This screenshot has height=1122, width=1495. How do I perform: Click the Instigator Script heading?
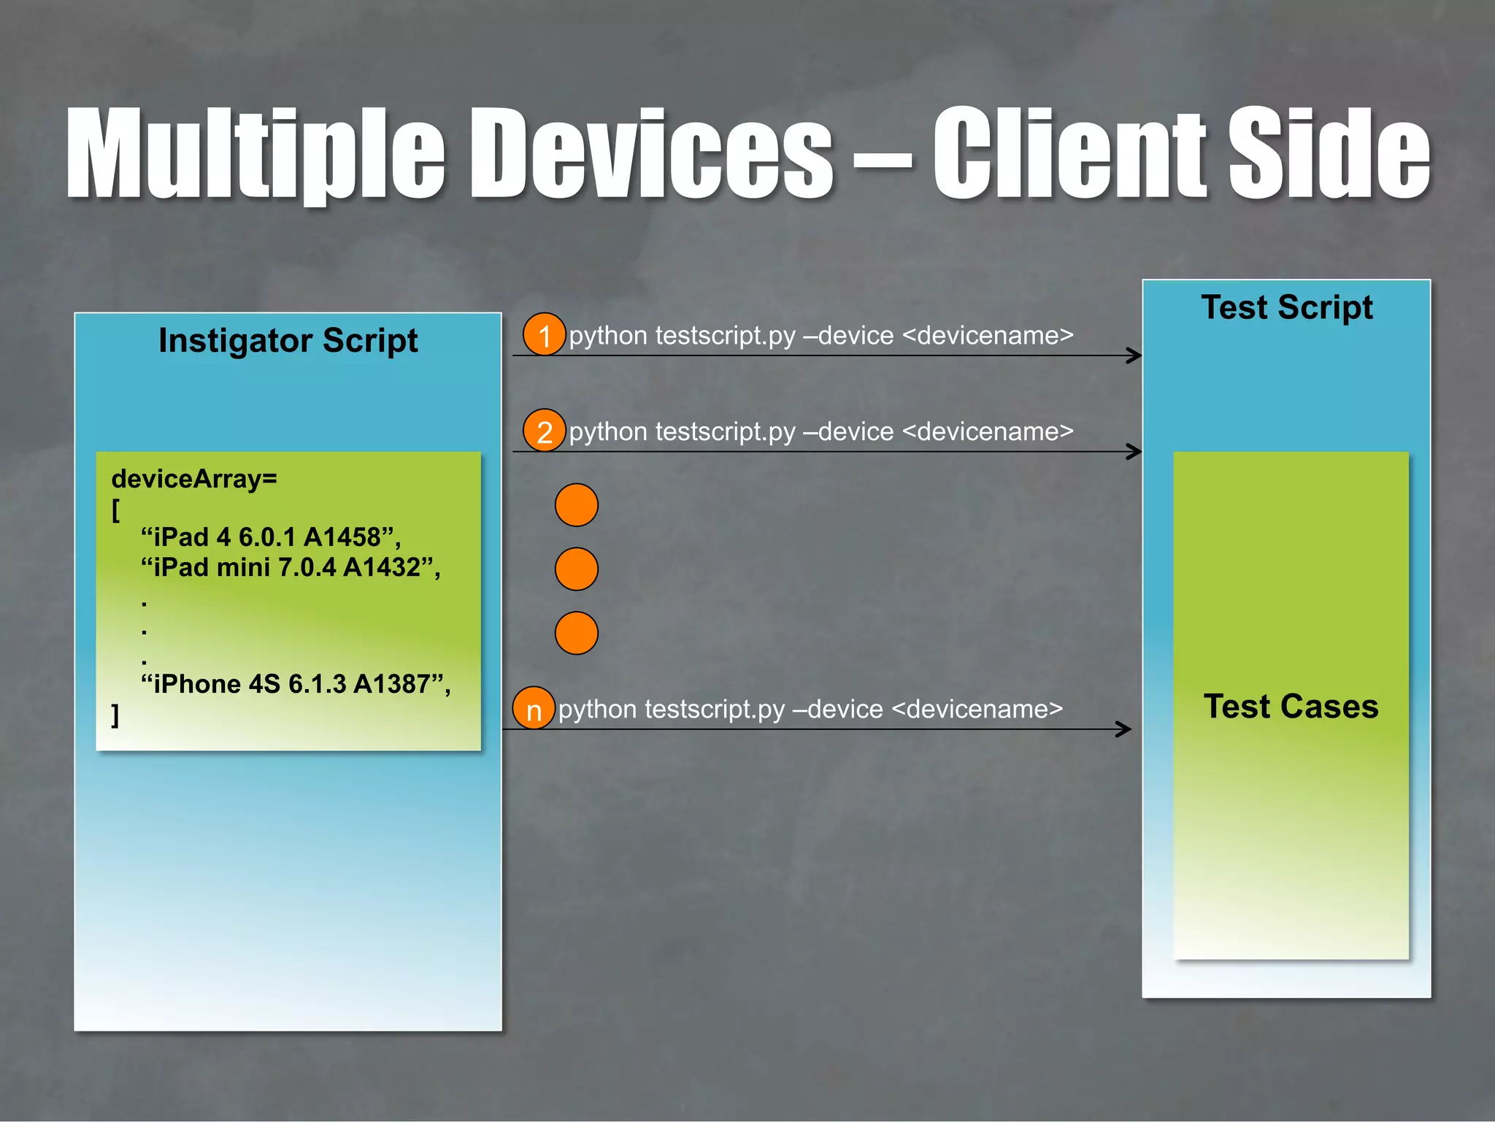[288, 341]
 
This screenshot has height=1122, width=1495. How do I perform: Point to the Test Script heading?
[1286, 307]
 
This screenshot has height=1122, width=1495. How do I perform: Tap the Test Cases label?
[1291, 707]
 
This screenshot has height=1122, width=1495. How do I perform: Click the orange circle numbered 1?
[544, 334]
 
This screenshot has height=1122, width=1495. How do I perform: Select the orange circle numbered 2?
[544, 431]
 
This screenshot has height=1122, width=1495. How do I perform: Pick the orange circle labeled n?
[534, 708]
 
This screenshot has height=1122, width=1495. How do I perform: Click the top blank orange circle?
[576, 505]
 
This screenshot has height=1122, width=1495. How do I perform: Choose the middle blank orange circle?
[576, 569]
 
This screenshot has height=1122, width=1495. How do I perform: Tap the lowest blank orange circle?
[576, 633]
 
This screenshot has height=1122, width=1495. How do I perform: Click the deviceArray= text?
[194, 479]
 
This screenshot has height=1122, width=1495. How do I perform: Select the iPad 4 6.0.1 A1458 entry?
[270, 537]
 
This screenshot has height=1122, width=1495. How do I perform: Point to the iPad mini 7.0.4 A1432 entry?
[290, 567]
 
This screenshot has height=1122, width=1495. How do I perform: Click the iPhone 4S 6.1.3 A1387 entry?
[295, 684]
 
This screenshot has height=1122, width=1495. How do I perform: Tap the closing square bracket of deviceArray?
[115, 715]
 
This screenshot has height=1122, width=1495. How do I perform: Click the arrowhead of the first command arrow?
[1134, 356]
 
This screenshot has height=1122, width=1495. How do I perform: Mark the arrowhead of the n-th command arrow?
[1123, 729]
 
